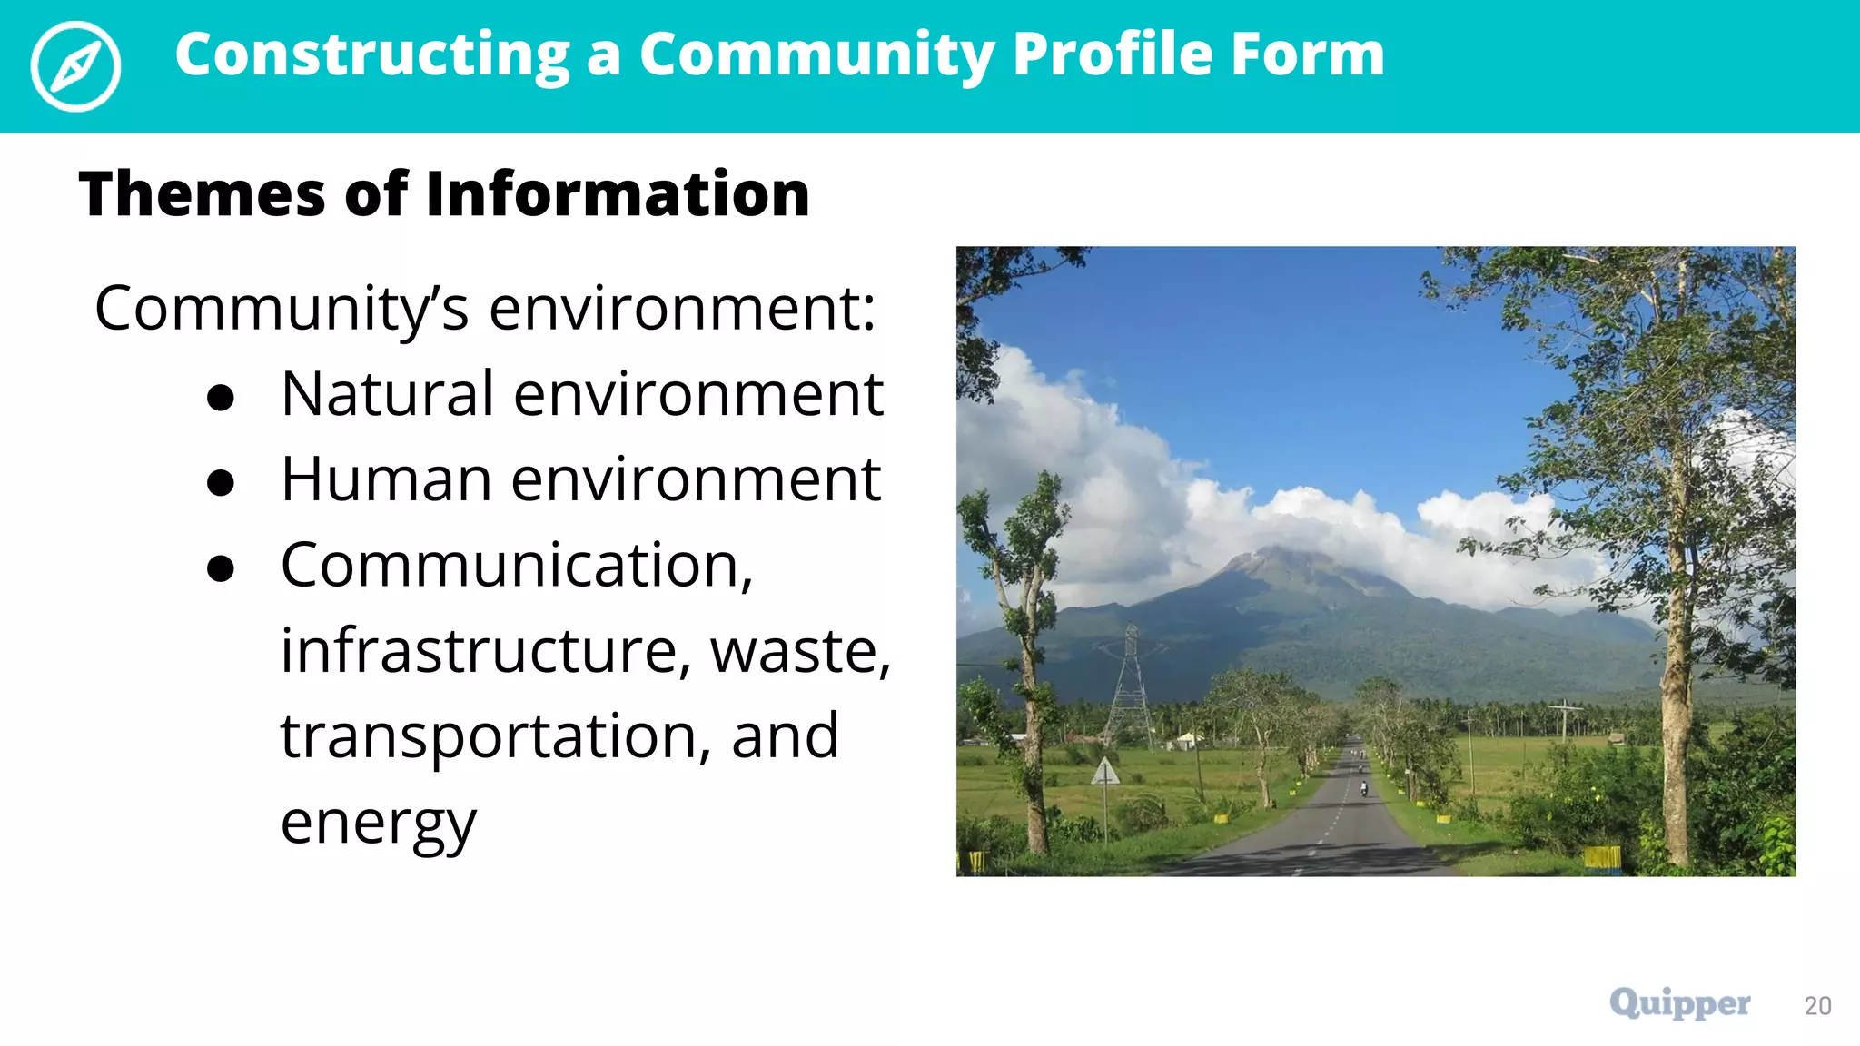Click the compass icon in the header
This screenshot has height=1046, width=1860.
point(75,66)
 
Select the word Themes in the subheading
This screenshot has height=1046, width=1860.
point(203,194)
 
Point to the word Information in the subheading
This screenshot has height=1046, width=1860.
point(618,194)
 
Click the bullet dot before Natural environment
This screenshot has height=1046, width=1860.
point(221,398)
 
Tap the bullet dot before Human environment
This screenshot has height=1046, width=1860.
point(221,483)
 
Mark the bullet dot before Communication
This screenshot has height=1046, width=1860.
point(221,568)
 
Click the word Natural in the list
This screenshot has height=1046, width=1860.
point(388,394)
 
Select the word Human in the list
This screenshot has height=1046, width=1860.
point(386,479)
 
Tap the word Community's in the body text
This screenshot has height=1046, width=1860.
point(282,309)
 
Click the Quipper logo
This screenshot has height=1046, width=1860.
point(1679,1003)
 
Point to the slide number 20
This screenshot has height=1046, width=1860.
point(1817,1006)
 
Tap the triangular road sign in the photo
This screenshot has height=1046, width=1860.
point(1105,773)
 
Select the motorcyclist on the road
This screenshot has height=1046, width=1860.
point(1363,788)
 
